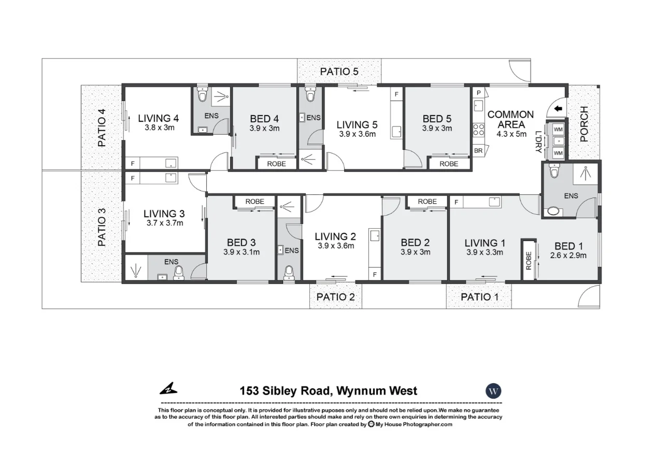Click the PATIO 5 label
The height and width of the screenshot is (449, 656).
tap(339, 72)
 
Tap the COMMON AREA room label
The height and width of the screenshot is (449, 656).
tap(510, 119)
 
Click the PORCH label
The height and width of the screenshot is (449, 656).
tap(584, 124)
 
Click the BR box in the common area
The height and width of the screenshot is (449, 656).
tap(478, 151)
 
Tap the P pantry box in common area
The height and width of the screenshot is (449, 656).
tap(478, 93)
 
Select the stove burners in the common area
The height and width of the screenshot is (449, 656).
tap(478, 129)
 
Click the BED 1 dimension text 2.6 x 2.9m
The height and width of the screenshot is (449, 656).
tap(568, 256)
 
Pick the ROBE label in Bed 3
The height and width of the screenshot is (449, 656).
tap(254, 202)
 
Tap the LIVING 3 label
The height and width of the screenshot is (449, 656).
tap(164, 214)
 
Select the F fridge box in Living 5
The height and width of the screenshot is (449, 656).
tap(397, 94)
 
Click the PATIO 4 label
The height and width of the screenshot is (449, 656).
tap(102, 127)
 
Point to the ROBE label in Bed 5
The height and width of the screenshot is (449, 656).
tap(449, 164)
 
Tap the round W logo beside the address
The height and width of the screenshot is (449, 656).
tap(493, 390)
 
